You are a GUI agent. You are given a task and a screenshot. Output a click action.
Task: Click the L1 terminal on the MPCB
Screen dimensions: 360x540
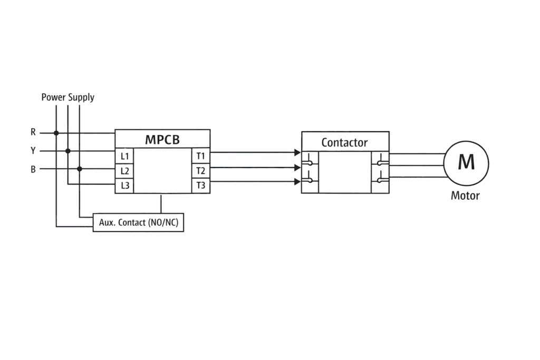pos(124,157)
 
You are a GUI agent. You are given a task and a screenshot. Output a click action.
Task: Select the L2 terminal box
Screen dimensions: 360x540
pos(124,171)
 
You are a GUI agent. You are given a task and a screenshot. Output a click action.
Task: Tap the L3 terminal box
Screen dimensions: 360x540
pos(124,186)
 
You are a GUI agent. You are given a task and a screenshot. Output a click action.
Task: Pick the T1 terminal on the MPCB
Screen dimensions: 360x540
pos(201,156)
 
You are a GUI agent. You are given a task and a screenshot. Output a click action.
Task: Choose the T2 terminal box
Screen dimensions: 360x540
pos(201,171)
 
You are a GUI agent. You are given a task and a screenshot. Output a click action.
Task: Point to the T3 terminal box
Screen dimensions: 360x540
pos(201,186)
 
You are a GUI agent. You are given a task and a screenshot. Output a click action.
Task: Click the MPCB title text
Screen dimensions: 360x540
pos(162,140)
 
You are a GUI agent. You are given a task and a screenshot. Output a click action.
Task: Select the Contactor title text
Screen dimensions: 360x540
pos(344,142)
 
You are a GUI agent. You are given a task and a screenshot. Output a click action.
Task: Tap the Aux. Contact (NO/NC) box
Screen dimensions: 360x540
pos(139,223)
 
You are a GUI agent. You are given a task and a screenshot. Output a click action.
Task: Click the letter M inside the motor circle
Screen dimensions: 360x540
pos(466,162)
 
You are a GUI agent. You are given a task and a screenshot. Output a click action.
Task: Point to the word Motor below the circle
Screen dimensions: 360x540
pos(465,196)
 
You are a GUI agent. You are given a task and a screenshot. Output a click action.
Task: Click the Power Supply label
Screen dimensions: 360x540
pos(68,98)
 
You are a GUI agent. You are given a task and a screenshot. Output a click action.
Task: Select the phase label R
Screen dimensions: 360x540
pos(33,133)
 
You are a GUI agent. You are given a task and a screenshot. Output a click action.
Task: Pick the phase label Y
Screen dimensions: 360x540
pos(33,151)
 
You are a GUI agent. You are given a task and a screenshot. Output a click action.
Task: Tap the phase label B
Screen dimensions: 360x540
pos(33,169)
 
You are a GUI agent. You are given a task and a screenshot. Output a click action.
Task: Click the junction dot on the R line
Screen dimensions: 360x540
pos(56,133)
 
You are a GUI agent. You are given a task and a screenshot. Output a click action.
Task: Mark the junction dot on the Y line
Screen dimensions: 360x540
pos(68,151)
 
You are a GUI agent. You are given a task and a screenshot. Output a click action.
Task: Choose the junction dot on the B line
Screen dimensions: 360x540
pos(80,169)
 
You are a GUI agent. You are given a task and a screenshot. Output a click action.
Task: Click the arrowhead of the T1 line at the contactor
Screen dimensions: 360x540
pos(298,153)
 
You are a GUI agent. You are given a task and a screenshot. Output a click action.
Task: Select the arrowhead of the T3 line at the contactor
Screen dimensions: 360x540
pos(298,182)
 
